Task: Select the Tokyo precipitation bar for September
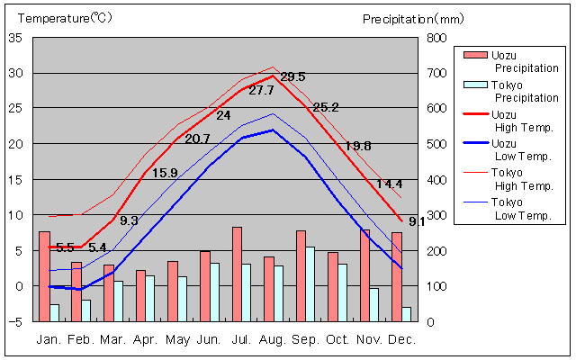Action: pos(310,283)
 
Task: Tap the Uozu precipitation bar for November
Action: pos(364,274)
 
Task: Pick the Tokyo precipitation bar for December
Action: pos(407,314)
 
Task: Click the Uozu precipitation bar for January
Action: pos(44,275)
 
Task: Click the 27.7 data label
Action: pos(261,90)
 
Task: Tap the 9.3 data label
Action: pos(129,220)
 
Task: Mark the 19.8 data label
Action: pos(358,146)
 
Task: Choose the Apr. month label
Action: pos(145,339)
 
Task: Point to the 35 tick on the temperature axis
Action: pos(18,38)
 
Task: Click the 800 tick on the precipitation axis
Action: pos(436,38)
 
